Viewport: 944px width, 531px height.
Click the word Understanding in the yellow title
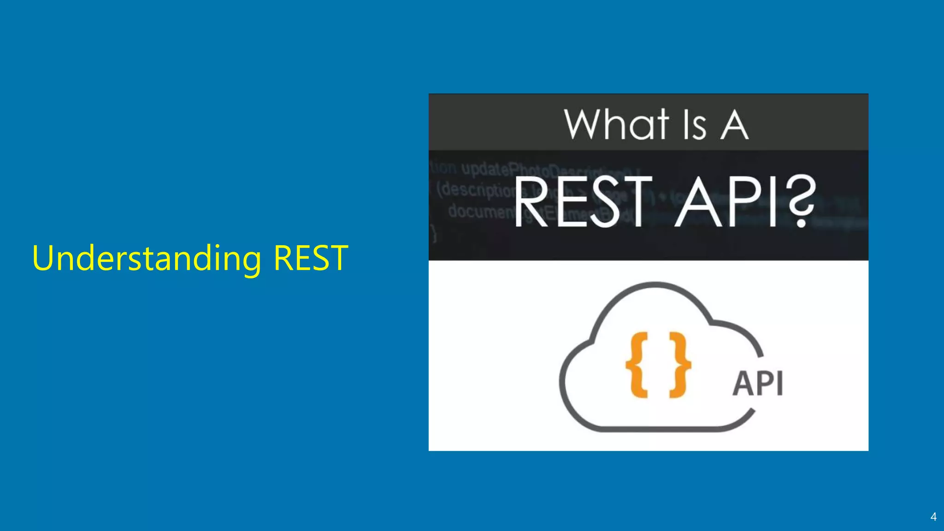(x=147, y=259)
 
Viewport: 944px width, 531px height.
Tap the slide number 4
(x=933, y=517)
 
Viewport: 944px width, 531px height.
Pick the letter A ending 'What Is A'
(x=734, y=124)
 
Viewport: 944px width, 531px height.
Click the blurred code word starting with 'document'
(x=482, y=211)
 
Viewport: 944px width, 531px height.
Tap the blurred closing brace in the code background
(x=433, y=233)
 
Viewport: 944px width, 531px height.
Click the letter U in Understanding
(x=43, y=258)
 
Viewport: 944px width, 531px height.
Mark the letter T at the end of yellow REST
(x=338, y=258)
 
